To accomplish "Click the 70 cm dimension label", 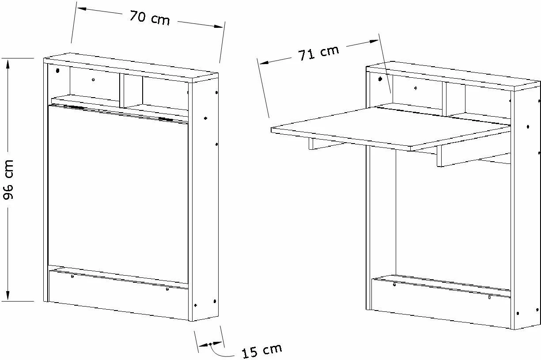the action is pyautogui.click(x=150, y=17).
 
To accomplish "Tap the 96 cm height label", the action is pyautogui.click(x=8, y=179).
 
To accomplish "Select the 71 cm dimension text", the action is pyautogui.click(x=318, y=53).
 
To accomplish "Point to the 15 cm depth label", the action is pyautogui.click(x=262, y=351).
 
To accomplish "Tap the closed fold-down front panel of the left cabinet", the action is pyautogui.click(x=118, y=193).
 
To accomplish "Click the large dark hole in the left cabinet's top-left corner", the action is pyautogui.click(x=57, y=71).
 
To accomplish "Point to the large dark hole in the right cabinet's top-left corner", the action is pyautogui.click(x=380, y=79).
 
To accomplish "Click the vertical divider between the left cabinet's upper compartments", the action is pyautogui.click(x=122, y=91).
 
